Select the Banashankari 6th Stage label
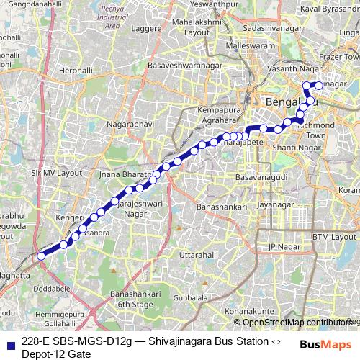[132, 299]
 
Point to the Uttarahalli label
[198, 256]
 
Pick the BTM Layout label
[334, 236]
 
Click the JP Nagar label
[282, 247]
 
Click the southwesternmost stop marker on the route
[41, 256]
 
